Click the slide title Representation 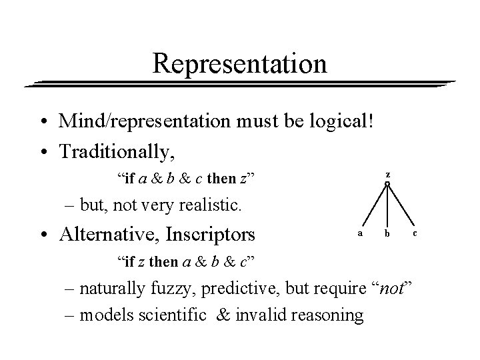pos(240,64)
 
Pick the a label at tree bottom pos(361,233)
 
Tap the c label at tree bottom pos(415,233)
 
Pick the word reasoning pos(332,315)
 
